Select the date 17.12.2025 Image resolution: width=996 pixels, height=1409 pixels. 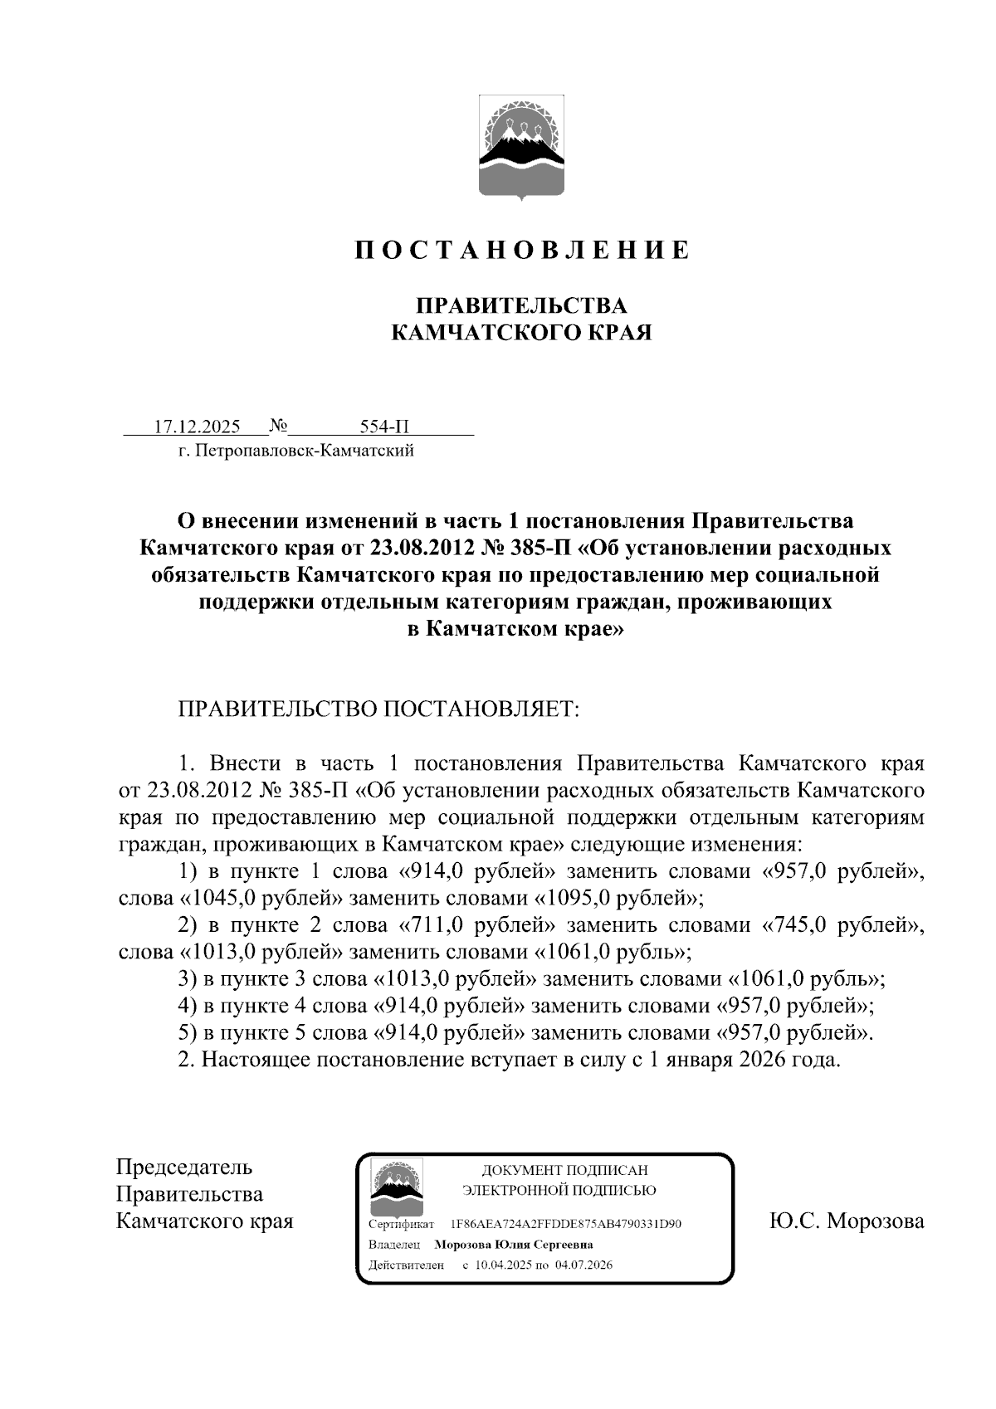[x=198, y=427]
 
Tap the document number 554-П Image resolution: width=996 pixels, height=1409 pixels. [x=385, y=427]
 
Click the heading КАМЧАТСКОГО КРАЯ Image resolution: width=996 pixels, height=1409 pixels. [x=522, y=334]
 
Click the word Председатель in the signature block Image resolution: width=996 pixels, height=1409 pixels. [x=184, y=1168]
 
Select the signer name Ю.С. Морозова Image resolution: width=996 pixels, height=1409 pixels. [x=846, y=1221]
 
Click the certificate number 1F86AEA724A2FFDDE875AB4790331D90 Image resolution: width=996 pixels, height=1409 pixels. [x=565, y=1224]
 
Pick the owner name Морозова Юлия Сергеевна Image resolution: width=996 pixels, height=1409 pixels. [x=514, y=1245]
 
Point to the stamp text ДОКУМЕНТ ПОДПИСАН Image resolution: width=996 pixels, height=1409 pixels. [x=564, y=1170]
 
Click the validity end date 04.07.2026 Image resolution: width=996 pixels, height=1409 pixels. [x=584, y=1265]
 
